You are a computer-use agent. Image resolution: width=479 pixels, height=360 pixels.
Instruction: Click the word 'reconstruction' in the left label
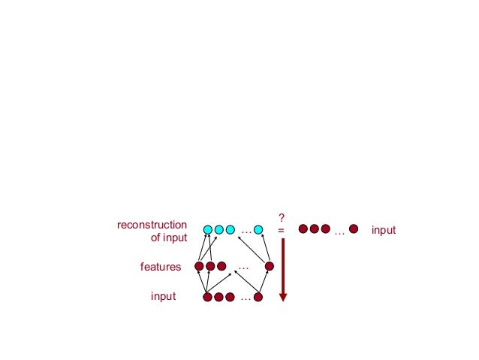pos(152,224)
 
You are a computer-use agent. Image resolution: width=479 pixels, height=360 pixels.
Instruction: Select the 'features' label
pos(161,266)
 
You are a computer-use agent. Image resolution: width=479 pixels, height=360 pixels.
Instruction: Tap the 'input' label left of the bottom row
pos(163,296)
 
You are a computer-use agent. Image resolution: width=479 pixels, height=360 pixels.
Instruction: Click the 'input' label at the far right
pos(383,230)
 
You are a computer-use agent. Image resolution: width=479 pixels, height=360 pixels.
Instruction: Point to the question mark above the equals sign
pos(282,216)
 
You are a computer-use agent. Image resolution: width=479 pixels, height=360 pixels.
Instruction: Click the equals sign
pos(282,230)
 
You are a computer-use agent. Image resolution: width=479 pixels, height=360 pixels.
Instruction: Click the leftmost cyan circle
pos(208,229)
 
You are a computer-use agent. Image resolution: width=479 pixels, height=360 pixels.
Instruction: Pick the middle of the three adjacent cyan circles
pos(219,229)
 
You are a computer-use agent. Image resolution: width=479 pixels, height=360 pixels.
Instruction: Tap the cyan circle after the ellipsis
pos(258,229)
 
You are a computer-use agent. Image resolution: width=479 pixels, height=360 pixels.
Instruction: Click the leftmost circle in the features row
pos(199,266)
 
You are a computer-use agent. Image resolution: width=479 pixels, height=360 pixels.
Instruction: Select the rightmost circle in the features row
pos(269,266)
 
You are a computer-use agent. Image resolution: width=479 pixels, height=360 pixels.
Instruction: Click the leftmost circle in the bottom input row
pos(208,297)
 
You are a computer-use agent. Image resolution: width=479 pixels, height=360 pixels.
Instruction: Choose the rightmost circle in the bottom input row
pos(258,297)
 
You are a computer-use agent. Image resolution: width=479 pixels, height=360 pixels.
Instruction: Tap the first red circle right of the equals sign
pos(303,228)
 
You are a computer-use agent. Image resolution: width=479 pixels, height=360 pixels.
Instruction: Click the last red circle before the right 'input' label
pos(354,228)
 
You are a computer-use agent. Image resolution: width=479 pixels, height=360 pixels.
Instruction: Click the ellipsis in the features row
pos(243,266)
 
